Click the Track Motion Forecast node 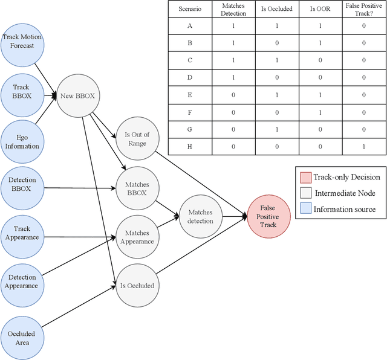point(22,42)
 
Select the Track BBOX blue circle point(22,91)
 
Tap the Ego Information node point(22,141)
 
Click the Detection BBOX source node point(22,184)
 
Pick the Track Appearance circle point(22,233)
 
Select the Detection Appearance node point(22,281)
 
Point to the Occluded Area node point(22,338)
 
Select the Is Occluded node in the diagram point(137,285)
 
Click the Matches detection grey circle point(201,217)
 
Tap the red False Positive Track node point(268,216)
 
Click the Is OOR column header point(320,10)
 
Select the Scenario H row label point(189,147)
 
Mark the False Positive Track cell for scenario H point(363,147)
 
